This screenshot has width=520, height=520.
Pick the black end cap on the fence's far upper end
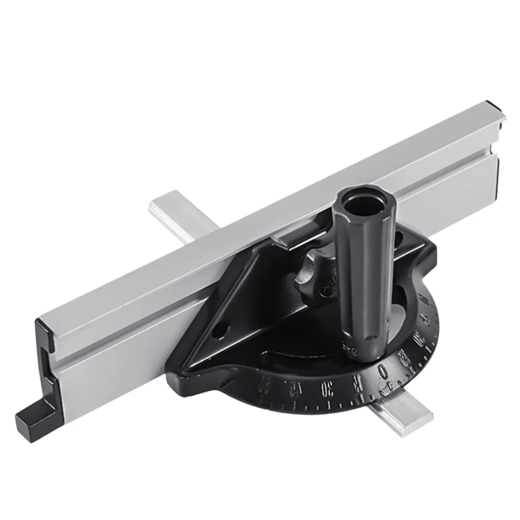click(x=499, y=116)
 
